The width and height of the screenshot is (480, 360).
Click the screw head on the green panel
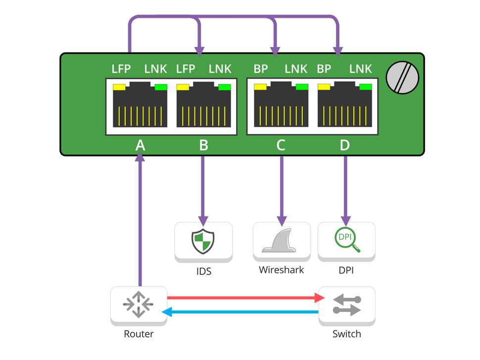(x=402, y=77)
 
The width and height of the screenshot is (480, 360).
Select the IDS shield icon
(x=203, y=241)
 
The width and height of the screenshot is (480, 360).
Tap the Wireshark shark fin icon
(x=282, y=241)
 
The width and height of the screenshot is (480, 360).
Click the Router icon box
(x=139, y=303)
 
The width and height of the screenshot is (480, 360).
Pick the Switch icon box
(x=346, y=303)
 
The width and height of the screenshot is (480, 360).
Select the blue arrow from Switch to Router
(x=242, y=311)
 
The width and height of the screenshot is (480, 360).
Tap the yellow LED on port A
(x=119, y=88)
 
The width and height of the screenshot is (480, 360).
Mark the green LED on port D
(x=366, y=88)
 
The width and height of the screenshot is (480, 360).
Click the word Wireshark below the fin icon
(x=281, y=270)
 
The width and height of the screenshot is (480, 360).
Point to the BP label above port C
(x=261, y=69)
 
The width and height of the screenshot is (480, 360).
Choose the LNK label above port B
(x=220, y=69)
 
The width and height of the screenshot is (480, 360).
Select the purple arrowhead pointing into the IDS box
(x=203, y=219)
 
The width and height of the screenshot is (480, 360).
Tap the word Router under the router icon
(x=139, y=334)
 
